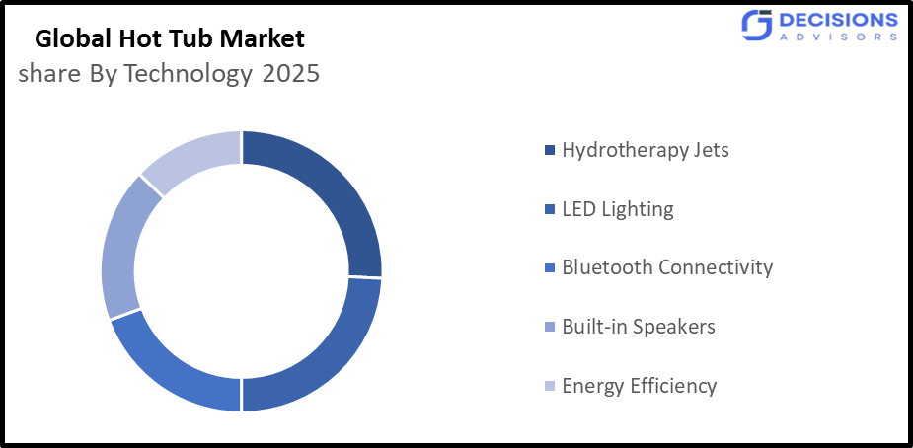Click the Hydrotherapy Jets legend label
coord(646,151)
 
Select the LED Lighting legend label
coord(618,209)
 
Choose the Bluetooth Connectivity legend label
coord(667,267)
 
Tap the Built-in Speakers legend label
coord(638,327)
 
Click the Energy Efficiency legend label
coord(639,386)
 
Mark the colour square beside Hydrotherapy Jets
coord(550,151)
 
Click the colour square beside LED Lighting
coord(550,210)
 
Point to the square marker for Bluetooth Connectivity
coord(550,268)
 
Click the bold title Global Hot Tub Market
coord(171,40)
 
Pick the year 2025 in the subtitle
coord(291,75)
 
